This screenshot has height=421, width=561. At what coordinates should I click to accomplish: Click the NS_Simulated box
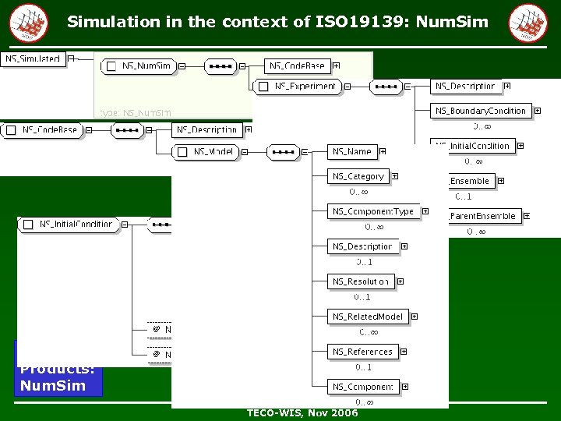click(x=34, y=59)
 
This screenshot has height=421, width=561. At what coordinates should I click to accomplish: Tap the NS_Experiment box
click(x=300, y=87)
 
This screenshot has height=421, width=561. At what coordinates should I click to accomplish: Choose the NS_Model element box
click(x=206, y=152)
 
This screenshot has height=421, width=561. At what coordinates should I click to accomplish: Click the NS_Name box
click(x=352, y=151)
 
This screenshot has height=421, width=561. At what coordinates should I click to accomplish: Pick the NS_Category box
click(x=358, y=176)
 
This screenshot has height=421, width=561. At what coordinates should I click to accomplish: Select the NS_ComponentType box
click(x=373, y=211)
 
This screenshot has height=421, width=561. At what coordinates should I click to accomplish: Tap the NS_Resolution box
click(x=361, y=281)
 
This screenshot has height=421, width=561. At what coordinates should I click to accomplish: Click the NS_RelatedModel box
click(x=368, y=317)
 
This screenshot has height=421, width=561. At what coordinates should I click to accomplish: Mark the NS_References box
click(x=363, y=352)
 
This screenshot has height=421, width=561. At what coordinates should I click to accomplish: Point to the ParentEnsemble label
click(x=483, y=216)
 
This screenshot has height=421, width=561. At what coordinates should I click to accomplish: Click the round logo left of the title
click(x=28, y=22)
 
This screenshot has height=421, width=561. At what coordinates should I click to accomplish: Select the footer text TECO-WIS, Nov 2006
click(x=302, y=413)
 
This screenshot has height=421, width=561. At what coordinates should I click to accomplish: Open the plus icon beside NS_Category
click(x=395, y=176)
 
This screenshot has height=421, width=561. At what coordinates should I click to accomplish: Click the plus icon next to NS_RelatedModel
click(x=415, y=317)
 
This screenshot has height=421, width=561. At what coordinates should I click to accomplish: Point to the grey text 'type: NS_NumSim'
click(x=135, y=112)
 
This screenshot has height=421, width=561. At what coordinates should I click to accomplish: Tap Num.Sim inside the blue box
click(x=53, y=385)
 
